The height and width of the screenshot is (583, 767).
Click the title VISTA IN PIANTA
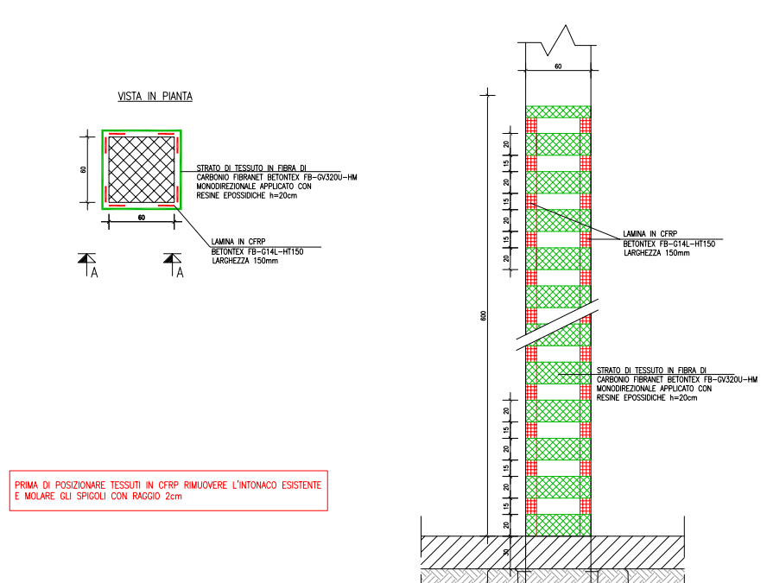tap(155, 97)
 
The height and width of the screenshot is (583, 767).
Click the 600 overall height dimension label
tap(484, 315)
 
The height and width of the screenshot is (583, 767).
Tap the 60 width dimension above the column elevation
tap(558, 66)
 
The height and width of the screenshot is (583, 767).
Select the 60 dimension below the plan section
tap(142, 218)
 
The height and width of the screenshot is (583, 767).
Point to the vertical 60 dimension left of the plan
tap(84, 169)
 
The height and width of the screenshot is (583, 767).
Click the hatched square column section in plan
tap(142, 169)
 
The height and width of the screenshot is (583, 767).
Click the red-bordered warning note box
tap(168, 491)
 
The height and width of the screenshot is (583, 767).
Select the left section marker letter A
tap(94, 272)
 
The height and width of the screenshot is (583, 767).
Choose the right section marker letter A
tap(180, 272)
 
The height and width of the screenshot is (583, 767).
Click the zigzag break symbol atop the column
tap(557, 41)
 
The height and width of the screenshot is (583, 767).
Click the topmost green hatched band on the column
tap(558, 112)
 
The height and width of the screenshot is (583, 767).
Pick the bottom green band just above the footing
tap(558, 525)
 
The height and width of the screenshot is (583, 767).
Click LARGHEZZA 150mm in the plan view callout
tap(245, 261)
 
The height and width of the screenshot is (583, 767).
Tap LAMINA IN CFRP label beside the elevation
tap(650, 234)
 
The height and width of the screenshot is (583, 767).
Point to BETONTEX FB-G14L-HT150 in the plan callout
tap(257, 252)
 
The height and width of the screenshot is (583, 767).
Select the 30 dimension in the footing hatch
tap(506, 552)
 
